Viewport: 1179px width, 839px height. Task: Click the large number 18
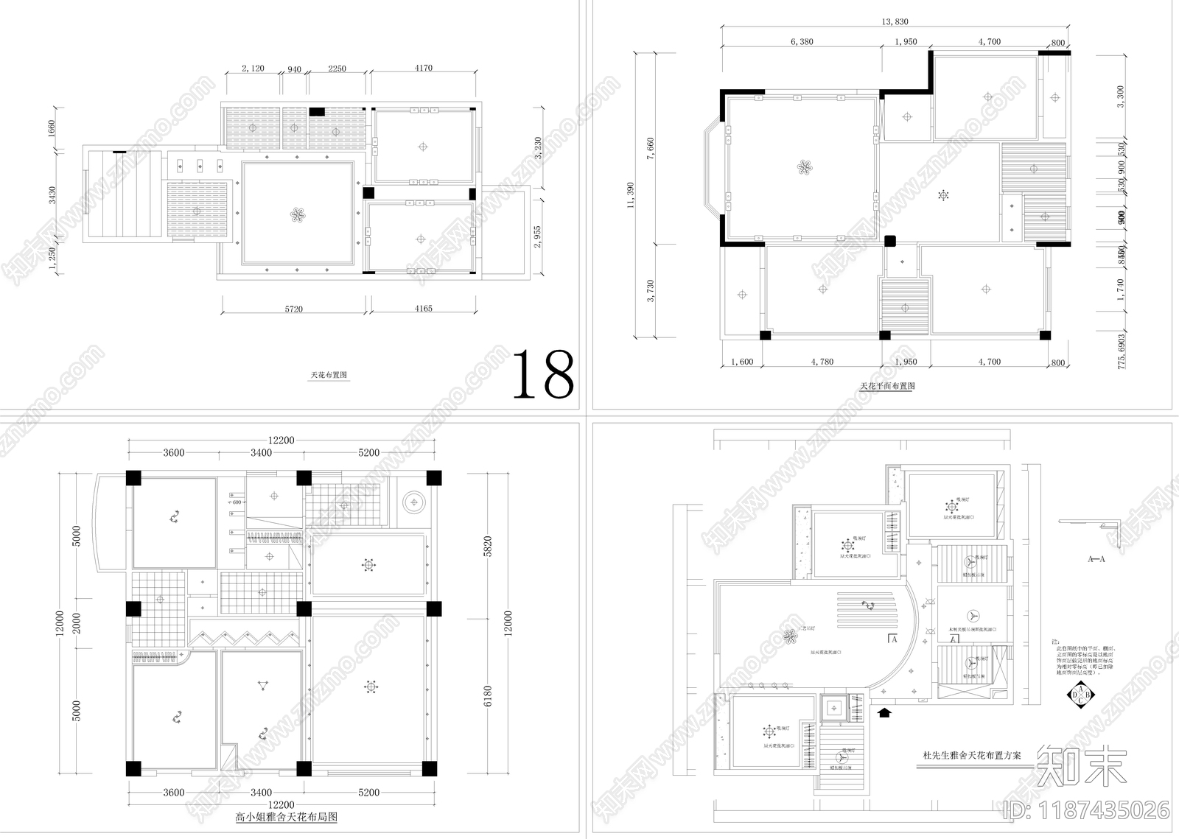click(x=543, y=374)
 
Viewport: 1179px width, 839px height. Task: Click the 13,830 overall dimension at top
click(x=895, y=22)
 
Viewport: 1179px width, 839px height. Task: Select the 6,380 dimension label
click(x=802, y=42)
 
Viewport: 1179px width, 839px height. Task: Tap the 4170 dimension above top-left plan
click(x=423, y=69)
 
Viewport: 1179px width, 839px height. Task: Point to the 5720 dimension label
click(x=293, y=309)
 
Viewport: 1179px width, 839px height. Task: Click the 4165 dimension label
click(x=423, y=309)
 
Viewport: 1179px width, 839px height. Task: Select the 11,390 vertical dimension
click(x=631, y=195)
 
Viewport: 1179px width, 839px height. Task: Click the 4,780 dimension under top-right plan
click(x=822, y=362)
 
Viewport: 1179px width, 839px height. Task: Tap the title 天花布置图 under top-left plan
click(x=329, y=375)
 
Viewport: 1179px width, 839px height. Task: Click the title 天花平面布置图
click(x=887, y=386)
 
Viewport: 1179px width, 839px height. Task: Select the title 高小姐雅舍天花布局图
click(x=286, y=817)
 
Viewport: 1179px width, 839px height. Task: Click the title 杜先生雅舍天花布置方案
click(x=972, y=756)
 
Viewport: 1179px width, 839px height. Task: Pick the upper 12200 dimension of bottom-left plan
click(x=281, y=440)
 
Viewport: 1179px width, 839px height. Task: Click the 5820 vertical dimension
click(x=487, y=547)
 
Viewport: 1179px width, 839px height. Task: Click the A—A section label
click(x=1096, y=560)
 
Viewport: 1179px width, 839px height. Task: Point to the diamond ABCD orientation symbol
click(x=1080, y=694)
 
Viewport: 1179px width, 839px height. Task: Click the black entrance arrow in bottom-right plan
click(x=884, y=712)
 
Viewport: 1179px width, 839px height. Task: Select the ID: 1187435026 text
click(x=1088, y=810)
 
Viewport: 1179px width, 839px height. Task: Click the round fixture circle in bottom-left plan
click(x=413, y=503)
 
